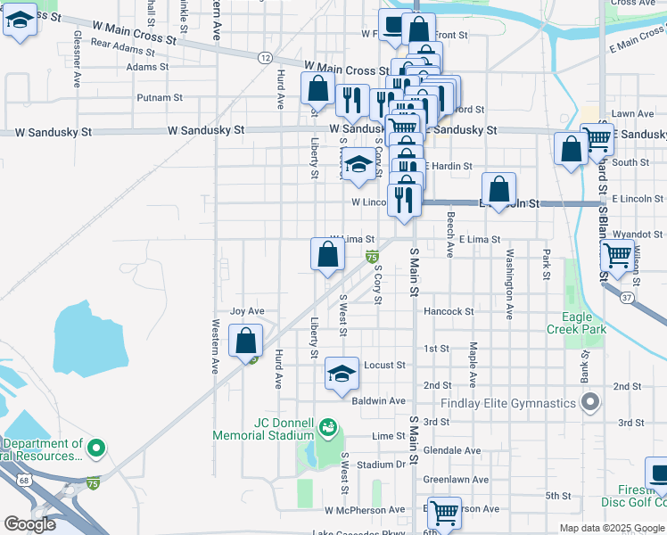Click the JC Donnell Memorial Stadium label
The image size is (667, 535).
click(262, 429)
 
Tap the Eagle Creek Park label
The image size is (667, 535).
click(577, 323)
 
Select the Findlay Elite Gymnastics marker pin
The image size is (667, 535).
click(589, 404)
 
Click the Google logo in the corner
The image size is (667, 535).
click(29, 524)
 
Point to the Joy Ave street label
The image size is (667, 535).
click(247, 311)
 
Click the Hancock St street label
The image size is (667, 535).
click(449, 311)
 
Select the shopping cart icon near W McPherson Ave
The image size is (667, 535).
click(444, 513)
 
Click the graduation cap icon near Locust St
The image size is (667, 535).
click(342, 374)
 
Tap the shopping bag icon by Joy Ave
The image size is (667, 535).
click(246, 341)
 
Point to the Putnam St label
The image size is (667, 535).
click(160, 97)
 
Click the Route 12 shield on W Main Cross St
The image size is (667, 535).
click(265, 57)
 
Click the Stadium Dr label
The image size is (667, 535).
click(381, 465)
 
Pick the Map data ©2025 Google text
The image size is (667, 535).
click(612, 528)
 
